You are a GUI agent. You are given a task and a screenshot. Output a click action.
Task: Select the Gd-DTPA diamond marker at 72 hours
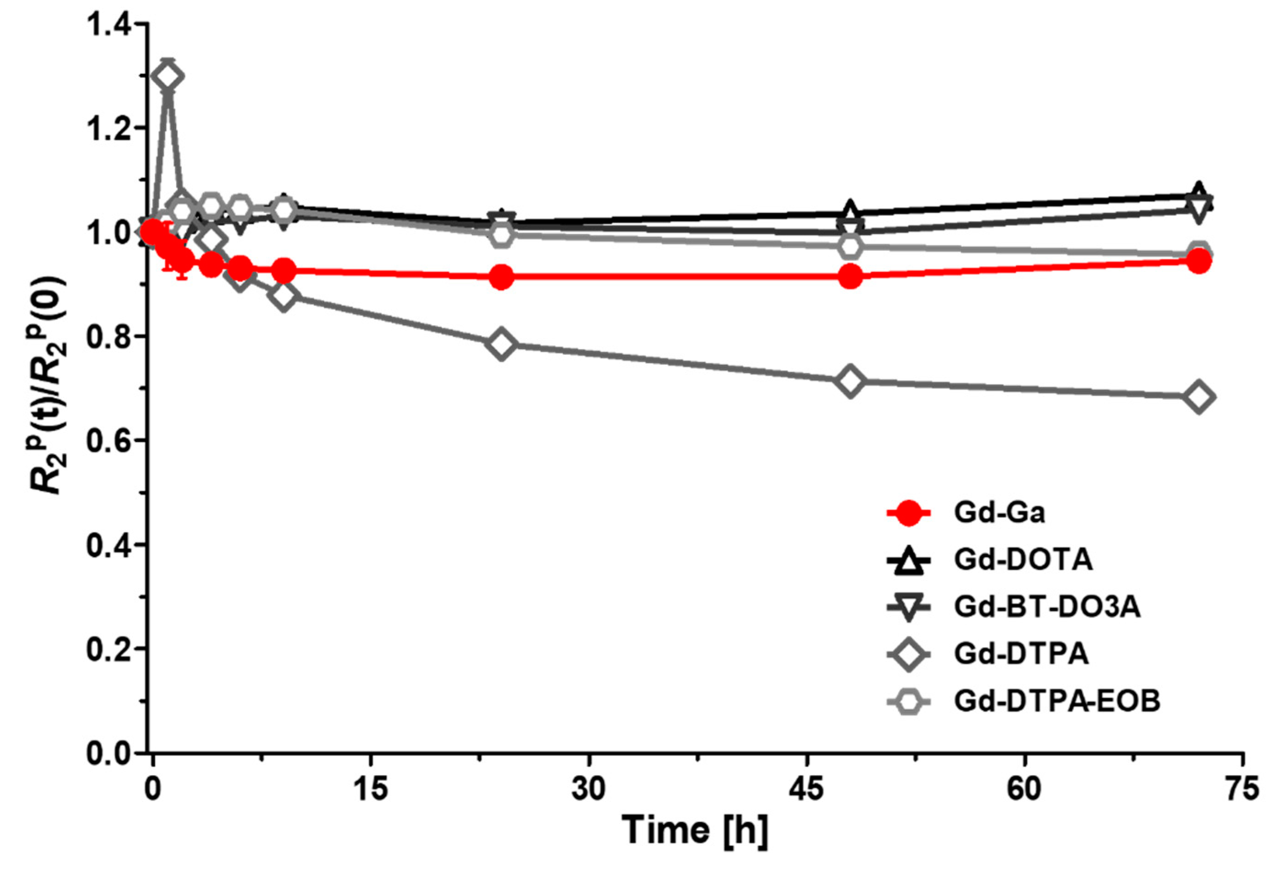(x=1199, y=397)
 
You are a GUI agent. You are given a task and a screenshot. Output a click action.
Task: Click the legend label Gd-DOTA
(x=1023, y=560)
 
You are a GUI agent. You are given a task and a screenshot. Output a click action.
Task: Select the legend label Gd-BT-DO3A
(x=1046, y=607)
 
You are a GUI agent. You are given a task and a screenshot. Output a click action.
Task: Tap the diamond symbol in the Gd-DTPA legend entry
(x=909, y=654)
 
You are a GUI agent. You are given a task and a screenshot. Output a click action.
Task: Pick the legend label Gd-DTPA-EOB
(x=1057, y=701)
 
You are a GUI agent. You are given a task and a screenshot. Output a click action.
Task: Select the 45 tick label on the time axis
(x=806, y=789)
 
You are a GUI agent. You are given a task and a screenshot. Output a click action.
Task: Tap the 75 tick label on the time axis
(x=1242, y=789)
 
